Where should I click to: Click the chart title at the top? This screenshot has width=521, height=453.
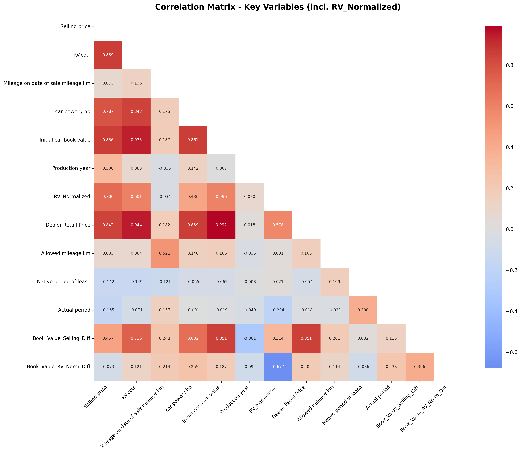pyautogui.click(x=278, y=7)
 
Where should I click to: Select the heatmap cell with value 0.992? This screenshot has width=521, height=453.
pyautogui.click(x=221, y=225)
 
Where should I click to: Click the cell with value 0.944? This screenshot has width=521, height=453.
pyautogui.click(x=136, y=225)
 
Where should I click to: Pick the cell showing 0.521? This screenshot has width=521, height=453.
pyautogui.click(x=164, y=253)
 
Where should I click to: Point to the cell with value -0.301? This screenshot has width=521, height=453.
pyautogui.click(x=249, y=338)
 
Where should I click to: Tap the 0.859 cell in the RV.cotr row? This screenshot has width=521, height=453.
pyautogui.click(x=108, y=55)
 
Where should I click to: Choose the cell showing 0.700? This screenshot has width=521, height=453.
pyautogui.click(x=108, y=197)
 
